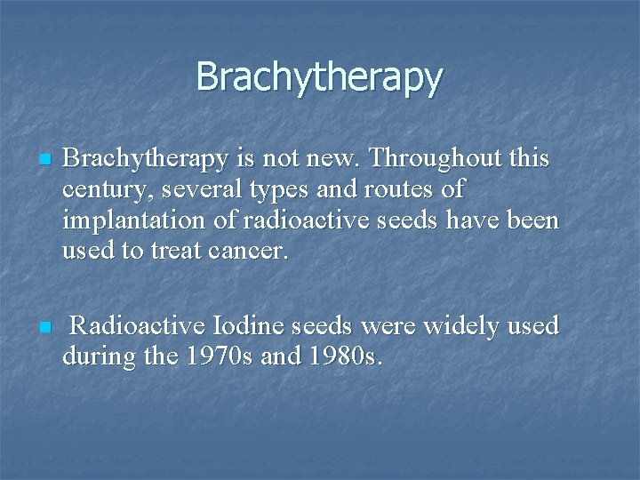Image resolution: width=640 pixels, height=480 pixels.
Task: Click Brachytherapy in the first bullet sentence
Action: [x=146, y=160]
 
